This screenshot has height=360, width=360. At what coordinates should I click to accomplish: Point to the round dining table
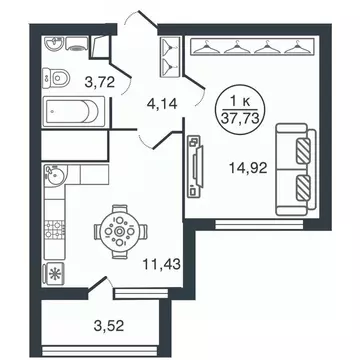pos(120,233)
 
